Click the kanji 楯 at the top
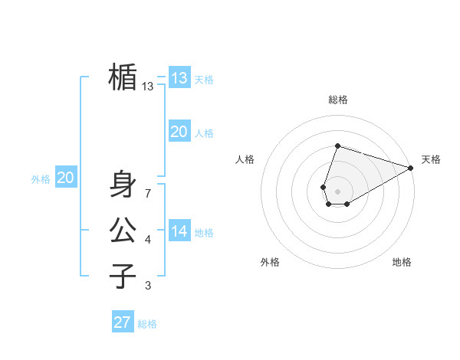point(123,77)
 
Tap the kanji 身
point(123,185)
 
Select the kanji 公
point(123,230)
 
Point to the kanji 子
point(123,276)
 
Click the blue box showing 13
point(179,78)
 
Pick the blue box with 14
point(179,231)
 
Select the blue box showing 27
point(123,322)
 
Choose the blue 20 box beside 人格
point(179,132)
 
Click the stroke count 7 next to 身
point(147,194)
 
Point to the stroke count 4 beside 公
point(147,241)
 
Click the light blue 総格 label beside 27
point(147,324)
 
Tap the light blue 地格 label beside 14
point(204,233)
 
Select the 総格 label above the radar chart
point(337,100)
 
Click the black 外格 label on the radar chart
point(270,262)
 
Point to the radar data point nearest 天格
point(411,169)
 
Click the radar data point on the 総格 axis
point(337,146)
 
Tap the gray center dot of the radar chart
point(337,190)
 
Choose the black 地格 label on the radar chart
point(402,262)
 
